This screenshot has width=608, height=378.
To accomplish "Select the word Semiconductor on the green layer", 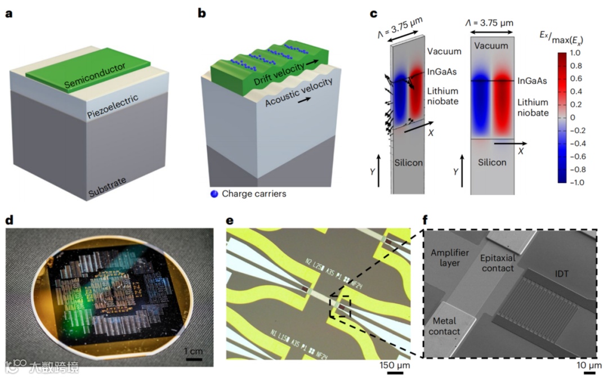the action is (95, 76).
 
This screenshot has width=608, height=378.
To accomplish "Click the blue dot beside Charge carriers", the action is (213, 194).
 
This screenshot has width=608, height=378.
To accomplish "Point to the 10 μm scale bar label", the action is (588, 366).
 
